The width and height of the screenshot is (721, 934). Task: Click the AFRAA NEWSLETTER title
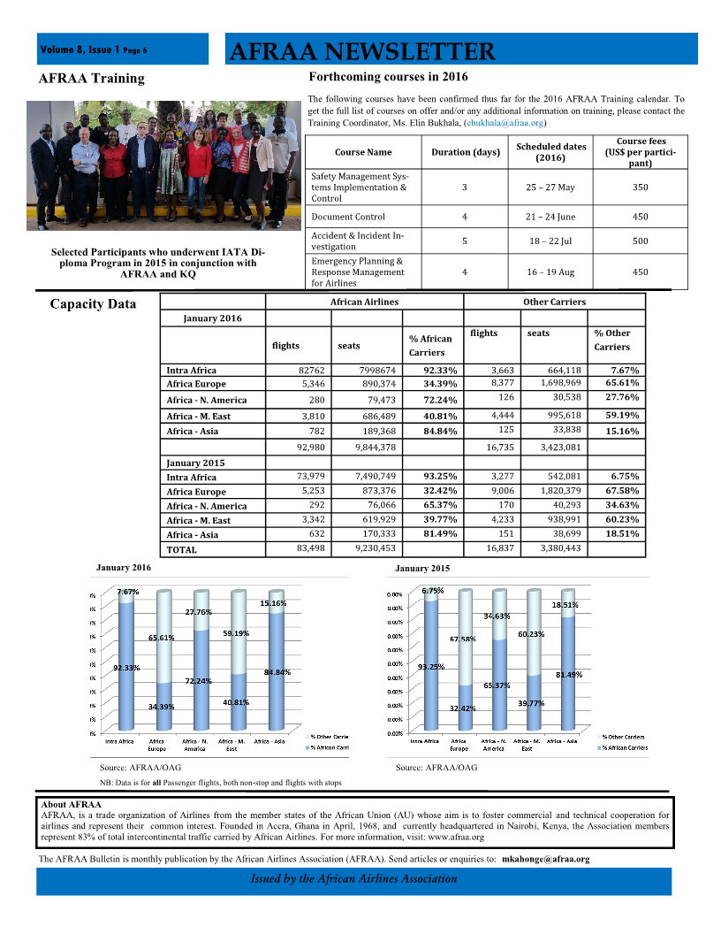360,51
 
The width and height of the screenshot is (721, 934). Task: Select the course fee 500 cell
641,241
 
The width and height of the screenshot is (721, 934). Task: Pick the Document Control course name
348,217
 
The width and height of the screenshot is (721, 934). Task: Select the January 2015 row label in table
195,463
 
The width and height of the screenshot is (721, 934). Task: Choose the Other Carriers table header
554,302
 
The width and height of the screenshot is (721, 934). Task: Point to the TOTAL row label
182,549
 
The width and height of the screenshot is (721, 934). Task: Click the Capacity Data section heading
93,304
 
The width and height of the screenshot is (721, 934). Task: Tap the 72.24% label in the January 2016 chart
198,681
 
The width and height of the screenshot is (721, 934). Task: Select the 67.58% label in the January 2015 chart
462,639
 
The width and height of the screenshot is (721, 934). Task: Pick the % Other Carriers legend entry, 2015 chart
623,737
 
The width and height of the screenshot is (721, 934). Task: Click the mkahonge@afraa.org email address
545,859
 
